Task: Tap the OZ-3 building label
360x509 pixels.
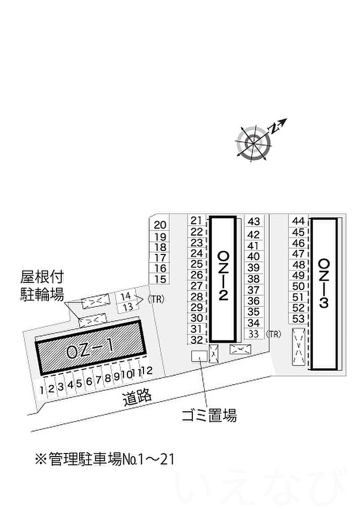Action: pos(324,283)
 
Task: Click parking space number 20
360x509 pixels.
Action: pos(160,225)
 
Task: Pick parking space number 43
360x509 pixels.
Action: pos(254,221)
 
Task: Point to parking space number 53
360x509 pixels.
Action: pos(298,319)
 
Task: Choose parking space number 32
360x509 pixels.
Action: pos(197,340)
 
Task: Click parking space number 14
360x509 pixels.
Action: pos(125,296)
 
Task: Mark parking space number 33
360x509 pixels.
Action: pos(254,334)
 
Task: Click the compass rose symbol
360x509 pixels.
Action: pos(253,143)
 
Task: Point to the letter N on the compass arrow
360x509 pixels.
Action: pos(274,129)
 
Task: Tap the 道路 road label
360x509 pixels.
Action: pos(137,398)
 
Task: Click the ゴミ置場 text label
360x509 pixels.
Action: pos(209,415)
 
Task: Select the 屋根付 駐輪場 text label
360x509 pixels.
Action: pos(42,286)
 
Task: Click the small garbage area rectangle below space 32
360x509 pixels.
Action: pos(200,356)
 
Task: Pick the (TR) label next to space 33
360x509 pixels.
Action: pos(273,334)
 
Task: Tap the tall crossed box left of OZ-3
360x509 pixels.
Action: pos(299,347)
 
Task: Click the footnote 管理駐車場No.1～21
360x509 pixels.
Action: pos(104,459)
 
